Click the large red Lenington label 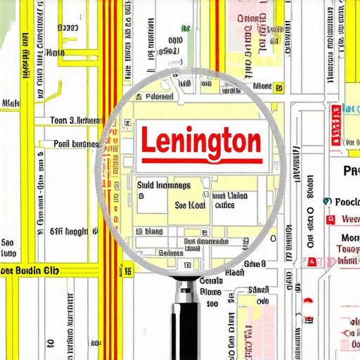(201, 141)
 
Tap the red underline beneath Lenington (201, 160)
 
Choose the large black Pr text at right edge (350, 171)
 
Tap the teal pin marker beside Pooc (326, 202)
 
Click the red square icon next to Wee (330, 220)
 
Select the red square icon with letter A (312, 262)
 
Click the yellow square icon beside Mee (279, 87)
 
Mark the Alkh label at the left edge (10, 103)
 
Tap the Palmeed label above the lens (159, 96)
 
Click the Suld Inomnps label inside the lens (163, 186)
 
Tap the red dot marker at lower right (307, 301)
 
